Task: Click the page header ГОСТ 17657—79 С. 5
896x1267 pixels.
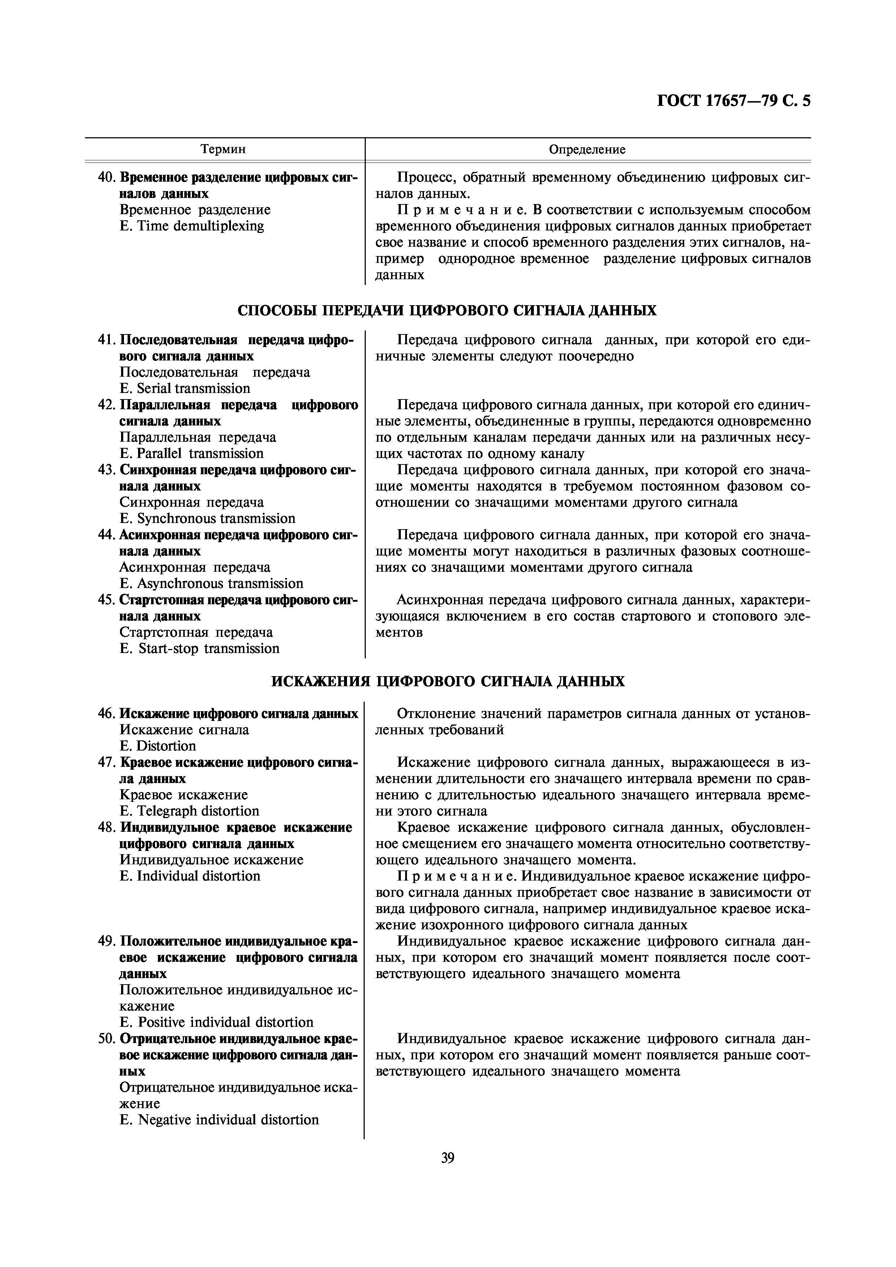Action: [734, 101]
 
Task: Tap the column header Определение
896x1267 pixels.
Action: [587, 149]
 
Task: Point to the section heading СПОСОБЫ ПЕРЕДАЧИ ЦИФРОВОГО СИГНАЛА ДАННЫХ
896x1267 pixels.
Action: [447, 310]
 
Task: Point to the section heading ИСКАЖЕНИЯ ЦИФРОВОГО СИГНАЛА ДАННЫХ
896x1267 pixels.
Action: [448, 682]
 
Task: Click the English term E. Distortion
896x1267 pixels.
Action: [158, 746]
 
